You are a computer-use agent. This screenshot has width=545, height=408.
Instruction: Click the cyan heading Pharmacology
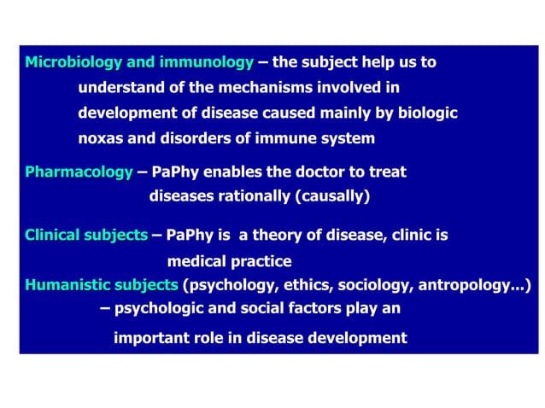point(79,172)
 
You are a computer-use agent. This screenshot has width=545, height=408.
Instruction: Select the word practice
point(261,261)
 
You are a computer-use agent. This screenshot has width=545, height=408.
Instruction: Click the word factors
point(283,307)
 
